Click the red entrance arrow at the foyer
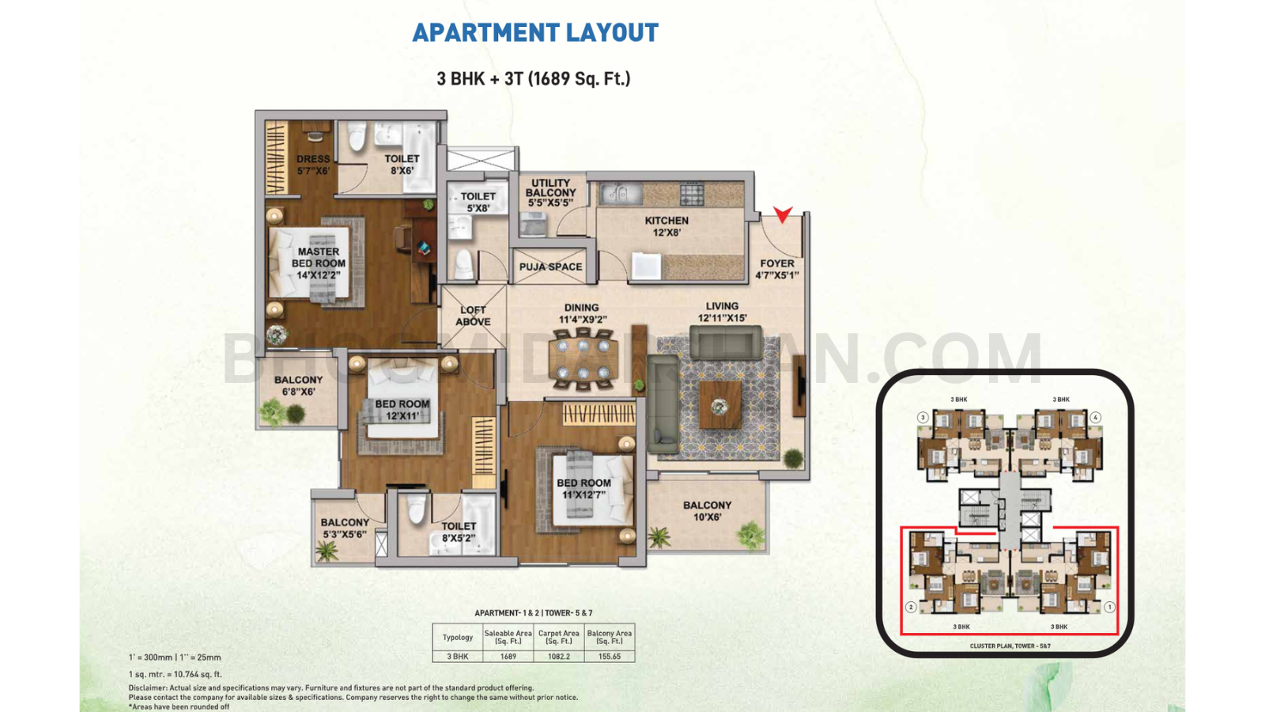(783, 214)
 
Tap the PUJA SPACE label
(551, 267)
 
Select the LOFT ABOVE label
(473, 316)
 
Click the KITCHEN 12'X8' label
(666, 226)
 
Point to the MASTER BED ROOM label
(318, 263)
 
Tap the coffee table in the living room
(719, 406)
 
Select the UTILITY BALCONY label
(551, 192)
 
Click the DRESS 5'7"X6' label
(313, 165)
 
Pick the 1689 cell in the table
(508, 657)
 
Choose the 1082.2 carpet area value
(559, 657)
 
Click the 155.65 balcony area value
(610, 657)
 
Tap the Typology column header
(458, 637)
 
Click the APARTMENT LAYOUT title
(535, 32)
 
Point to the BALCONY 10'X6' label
(707, 511)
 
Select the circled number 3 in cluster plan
(923, 417)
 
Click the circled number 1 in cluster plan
(1110, 607)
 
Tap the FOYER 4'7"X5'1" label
(777, 269)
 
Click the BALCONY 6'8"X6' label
(298, 385)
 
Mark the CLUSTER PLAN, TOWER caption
(1010, 646)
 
